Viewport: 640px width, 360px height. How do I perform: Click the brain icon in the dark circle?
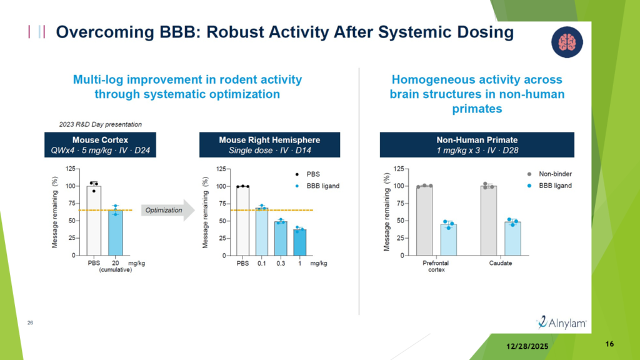567,42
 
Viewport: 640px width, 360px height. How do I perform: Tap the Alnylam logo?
562,322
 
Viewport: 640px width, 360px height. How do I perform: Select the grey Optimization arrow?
167,210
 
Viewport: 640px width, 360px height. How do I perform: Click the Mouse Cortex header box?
100,145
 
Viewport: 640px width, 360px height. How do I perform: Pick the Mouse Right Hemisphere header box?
269,145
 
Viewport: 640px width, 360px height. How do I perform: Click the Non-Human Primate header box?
477,145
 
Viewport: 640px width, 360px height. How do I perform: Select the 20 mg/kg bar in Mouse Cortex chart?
116,232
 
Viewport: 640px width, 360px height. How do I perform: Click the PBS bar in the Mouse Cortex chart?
94,221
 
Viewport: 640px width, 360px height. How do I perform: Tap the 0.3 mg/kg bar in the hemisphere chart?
281,239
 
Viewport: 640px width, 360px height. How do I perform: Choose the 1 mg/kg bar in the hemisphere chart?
299,243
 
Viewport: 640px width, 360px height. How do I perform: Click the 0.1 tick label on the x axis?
262,264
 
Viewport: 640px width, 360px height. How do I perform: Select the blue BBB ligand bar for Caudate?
512,239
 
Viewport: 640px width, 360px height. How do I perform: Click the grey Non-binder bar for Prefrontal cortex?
424,221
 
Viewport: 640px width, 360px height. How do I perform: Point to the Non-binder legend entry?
550,174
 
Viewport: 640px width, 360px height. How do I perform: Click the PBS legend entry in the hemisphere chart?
307,174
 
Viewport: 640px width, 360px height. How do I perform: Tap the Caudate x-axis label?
501,263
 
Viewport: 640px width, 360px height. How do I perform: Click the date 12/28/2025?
527,346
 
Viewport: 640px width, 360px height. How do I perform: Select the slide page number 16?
609,344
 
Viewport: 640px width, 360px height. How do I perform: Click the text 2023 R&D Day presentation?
101,124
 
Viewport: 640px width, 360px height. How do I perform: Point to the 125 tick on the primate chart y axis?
399,169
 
